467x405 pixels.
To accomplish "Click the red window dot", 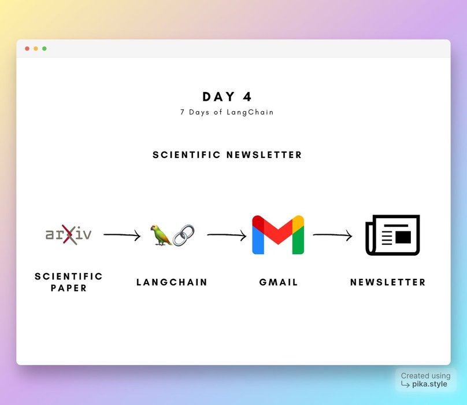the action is point(27,49).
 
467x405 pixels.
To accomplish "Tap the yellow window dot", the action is point(36,49).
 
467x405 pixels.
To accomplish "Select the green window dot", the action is point(45,49).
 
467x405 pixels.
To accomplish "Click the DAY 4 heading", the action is point(227,97).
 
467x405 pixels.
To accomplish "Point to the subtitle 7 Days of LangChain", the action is point(227,112).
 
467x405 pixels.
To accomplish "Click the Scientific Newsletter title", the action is point(227,155).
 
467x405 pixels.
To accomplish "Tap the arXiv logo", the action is point(69,234).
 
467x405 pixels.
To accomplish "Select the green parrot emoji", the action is point(161,235).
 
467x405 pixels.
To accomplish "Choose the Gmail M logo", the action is point(278,235).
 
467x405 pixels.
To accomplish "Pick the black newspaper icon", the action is point(392,235).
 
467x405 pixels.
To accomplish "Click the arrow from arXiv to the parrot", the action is point(122,235).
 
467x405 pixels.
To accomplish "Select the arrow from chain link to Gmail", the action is point(227,235).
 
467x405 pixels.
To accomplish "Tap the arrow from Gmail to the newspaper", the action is point(332,235).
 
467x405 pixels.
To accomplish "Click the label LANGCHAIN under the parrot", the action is point(172,282).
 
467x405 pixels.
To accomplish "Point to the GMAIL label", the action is point(279,282).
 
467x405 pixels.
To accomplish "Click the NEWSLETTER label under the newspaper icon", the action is point(388,282).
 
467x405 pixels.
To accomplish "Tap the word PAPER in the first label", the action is point(69,288).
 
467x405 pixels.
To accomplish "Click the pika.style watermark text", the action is point(429,384).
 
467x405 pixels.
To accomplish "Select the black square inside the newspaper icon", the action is point(403,237).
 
